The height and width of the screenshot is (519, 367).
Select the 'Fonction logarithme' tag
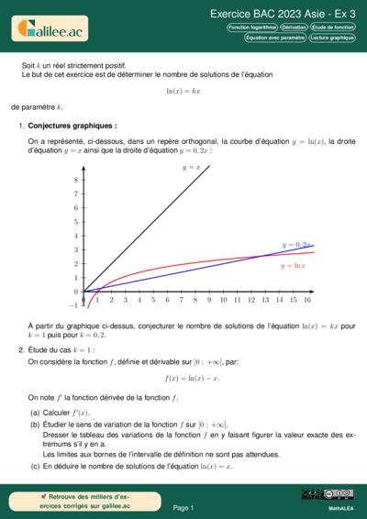tap(251, 28)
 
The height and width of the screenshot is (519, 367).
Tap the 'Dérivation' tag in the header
tap(295, 28)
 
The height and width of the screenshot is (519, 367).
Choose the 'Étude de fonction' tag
tap(333, 28)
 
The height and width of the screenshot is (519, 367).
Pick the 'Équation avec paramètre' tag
tap(269, 39)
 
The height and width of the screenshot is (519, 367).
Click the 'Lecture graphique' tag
tap(331, 39)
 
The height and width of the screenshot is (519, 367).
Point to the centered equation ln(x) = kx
tap(183, 92)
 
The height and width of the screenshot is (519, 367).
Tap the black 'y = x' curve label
tap(192, 168)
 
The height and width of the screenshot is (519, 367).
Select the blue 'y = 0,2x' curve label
tap(296, 245)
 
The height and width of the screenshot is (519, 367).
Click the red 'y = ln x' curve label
tap(293, 264)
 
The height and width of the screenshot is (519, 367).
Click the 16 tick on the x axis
tap(306, 300)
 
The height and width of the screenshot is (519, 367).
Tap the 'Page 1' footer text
tap(183, 507)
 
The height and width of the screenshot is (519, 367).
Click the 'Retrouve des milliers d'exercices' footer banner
tap(73, 501)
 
